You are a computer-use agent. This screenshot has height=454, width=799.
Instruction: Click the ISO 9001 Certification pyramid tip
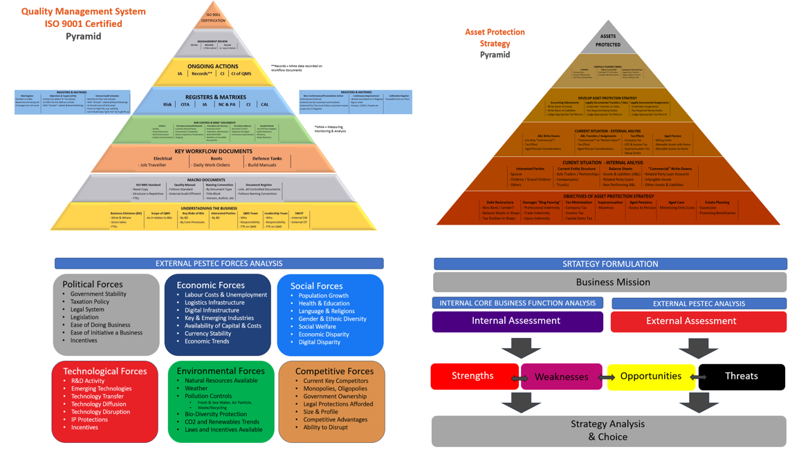coord(213,17)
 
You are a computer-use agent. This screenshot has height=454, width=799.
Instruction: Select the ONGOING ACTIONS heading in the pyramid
coord(213,66)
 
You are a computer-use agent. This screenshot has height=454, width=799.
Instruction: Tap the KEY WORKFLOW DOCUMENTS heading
coord(213,151)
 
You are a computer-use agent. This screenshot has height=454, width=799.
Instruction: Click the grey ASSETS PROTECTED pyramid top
coord(607,40)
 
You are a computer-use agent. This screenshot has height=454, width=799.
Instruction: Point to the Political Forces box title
coord(92,284)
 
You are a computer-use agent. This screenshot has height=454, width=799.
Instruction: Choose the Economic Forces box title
coord(210,285)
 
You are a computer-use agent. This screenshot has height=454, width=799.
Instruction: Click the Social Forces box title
coord(316,285)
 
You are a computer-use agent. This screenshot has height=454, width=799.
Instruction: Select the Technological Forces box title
coord(105,371)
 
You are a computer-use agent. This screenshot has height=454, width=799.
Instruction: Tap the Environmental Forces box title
coord(221,371)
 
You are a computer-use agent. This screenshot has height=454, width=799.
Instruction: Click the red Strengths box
coord(473,376)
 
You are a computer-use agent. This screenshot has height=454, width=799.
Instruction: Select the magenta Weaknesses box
coord(561,377)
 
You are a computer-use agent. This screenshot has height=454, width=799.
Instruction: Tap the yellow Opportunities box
coord(651,376)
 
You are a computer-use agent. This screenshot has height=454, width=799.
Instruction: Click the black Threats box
coord(741,376)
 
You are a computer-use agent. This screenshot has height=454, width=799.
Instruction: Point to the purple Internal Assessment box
coord(517,321)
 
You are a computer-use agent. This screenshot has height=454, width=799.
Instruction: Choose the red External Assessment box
coord(698,321)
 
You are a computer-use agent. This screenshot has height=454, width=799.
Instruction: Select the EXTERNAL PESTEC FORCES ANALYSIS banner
coord(219,263)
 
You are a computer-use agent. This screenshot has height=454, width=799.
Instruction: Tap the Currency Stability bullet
coord(208,333)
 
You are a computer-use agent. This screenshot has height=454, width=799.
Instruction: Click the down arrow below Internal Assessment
coord(520,348)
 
